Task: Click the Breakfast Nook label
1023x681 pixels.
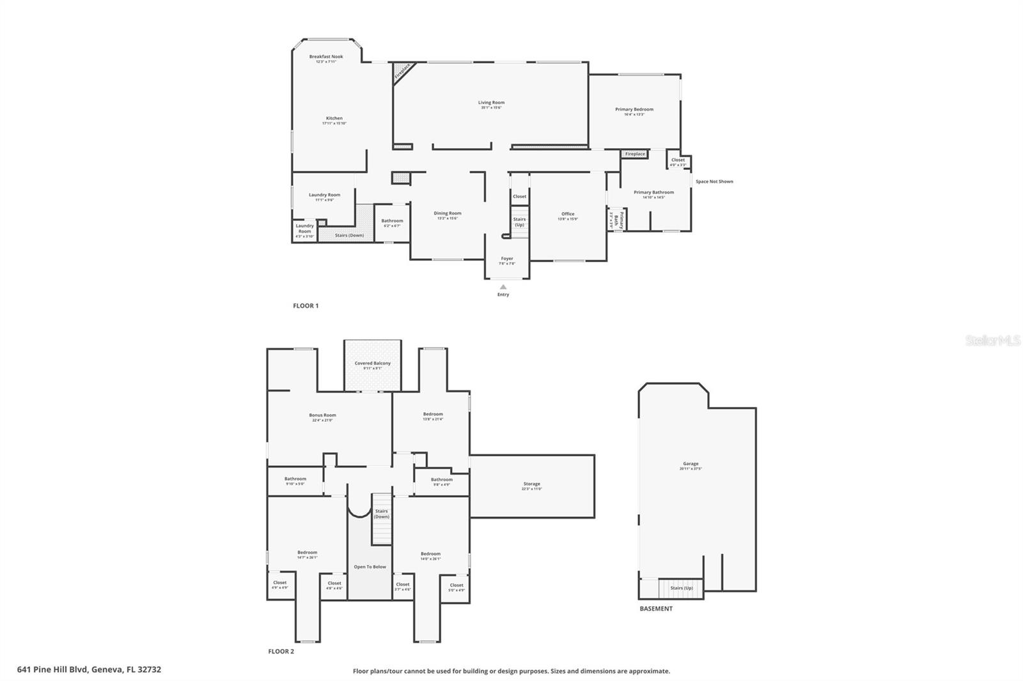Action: [326, 57]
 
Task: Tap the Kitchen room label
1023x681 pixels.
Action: [334, 118]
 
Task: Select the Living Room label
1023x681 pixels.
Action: [491, 102]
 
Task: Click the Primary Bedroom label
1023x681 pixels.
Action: [634, 109]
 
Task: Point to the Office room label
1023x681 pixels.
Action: [568, 214]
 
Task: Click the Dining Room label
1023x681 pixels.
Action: [448, 213]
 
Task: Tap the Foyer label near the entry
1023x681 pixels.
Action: [507, 259]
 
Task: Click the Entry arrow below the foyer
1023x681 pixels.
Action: [503, 287]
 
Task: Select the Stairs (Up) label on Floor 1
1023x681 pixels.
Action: [519, 222]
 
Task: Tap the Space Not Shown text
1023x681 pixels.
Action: [714, 181]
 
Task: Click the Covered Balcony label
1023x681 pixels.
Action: [373, 363]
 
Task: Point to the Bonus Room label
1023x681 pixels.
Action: [322, 415]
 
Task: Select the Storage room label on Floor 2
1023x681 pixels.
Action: [532, 484]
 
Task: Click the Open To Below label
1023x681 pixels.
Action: [370, 567]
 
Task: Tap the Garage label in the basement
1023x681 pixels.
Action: [691, 464]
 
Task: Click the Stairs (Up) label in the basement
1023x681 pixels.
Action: [682, 588]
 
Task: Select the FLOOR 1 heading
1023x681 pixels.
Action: [306, 306]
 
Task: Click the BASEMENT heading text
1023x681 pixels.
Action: [656, 609]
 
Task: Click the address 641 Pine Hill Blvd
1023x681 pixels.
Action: [89, 670]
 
